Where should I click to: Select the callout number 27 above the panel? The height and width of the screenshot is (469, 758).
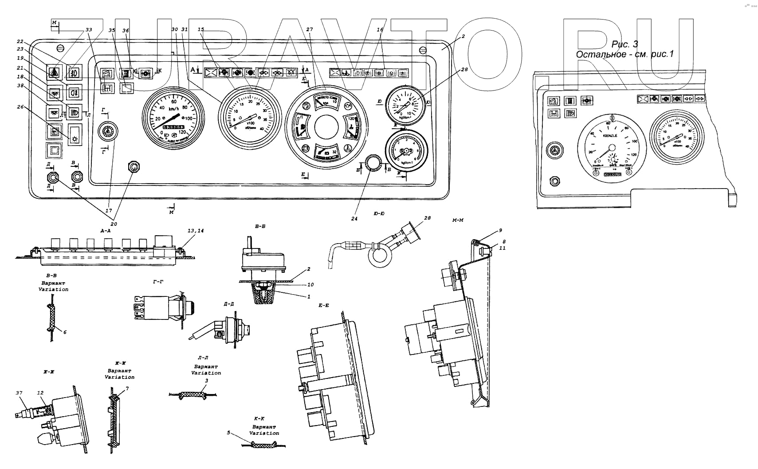coord(309,30)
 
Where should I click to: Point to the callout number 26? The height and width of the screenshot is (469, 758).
coord(20,106)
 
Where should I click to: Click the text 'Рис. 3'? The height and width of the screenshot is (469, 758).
coord(624,44)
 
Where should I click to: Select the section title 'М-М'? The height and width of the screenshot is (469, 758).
coord(458,221)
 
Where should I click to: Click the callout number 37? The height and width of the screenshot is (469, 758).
coord(19,392)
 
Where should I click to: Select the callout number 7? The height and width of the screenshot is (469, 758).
coord(127,389)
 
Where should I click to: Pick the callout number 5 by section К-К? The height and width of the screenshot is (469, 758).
coord(228,433)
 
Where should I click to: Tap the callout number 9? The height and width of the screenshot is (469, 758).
coord(500,230)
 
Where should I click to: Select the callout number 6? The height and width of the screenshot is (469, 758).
coord(65,332)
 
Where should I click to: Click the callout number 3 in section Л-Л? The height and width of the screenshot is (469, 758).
coord(206,381)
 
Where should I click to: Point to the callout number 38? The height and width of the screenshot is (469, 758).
coord(20,86)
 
